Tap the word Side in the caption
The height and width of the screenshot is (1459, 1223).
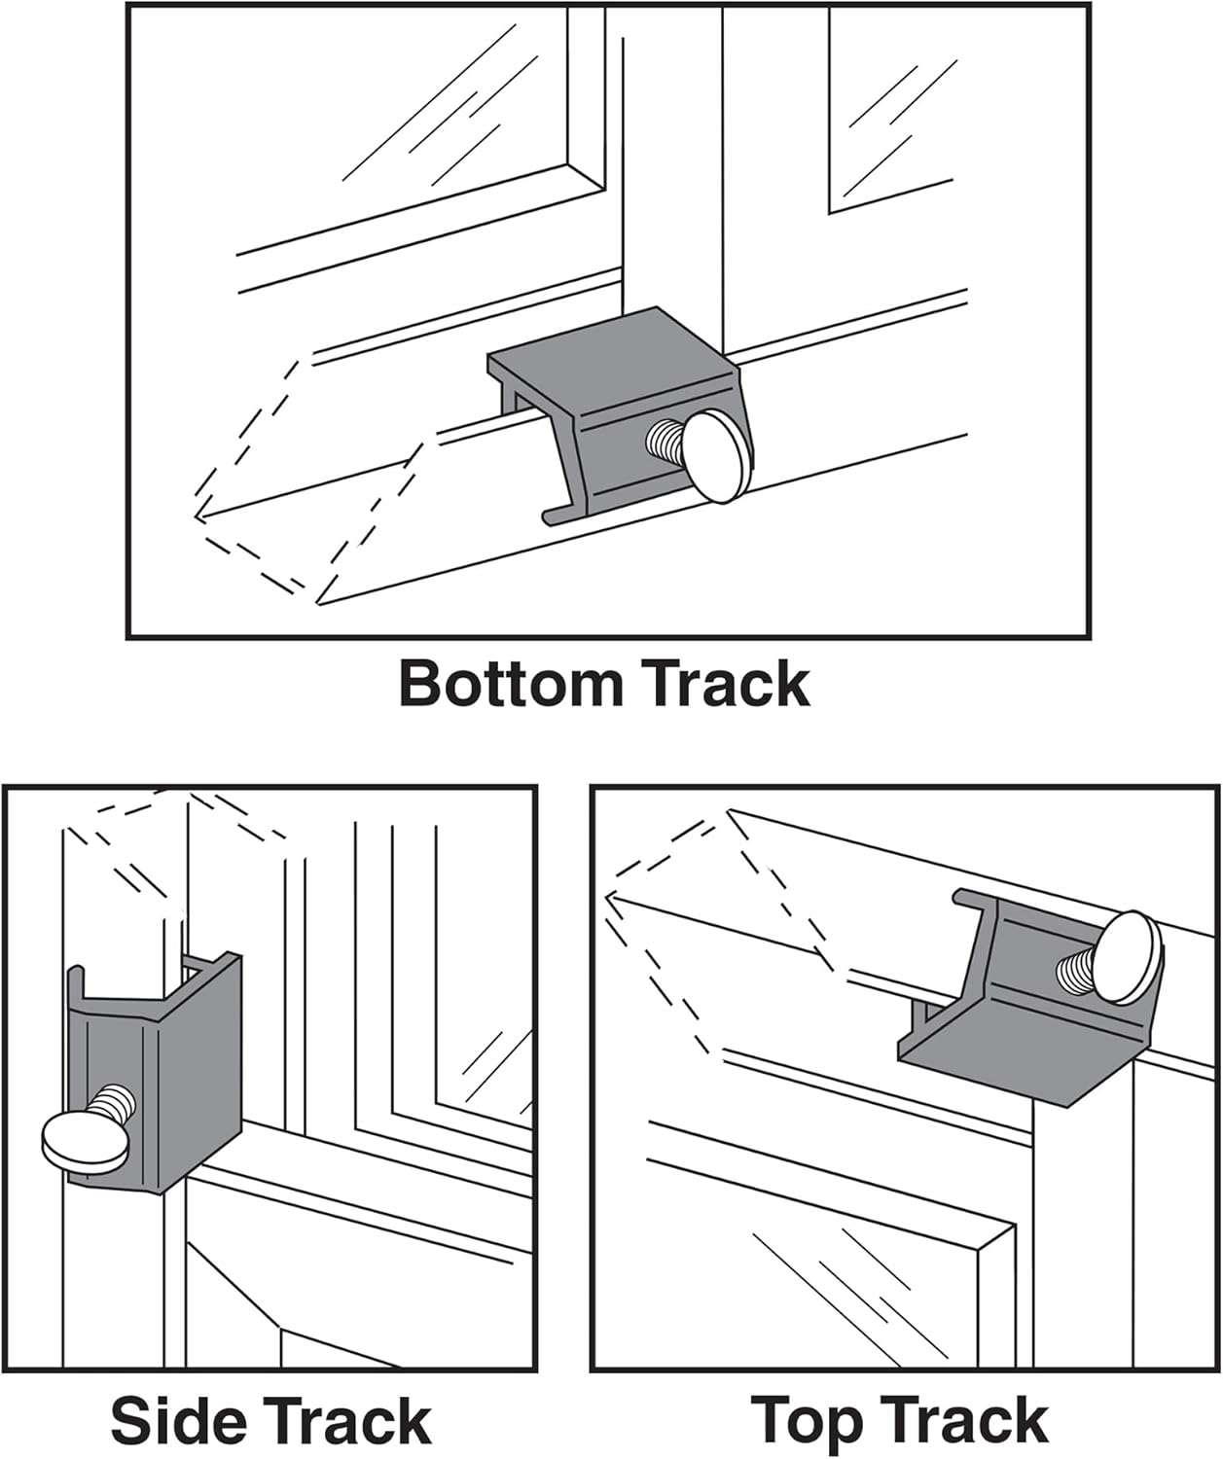[174, 1421]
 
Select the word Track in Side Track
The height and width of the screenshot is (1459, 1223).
[349, 1421]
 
